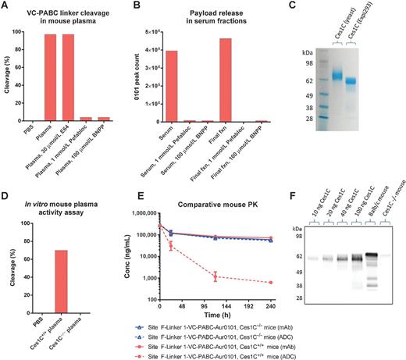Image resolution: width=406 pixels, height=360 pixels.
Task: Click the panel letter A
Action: click(6, 7)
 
